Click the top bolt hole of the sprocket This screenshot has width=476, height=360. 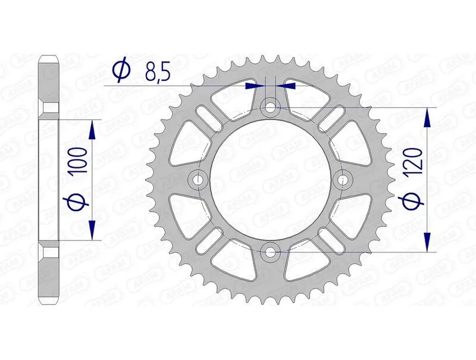tap(271, 108)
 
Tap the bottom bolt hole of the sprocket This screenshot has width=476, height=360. tap(271, 252)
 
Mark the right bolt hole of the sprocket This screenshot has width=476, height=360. tap(343, 180)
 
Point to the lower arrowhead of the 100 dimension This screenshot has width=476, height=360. tap(93, 230)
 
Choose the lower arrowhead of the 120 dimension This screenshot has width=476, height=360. tap(427, 242)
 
